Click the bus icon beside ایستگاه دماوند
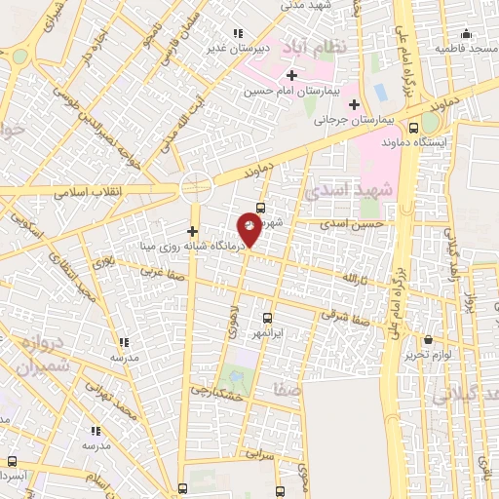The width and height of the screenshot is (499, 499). pyautogui.click(x=414, y=127)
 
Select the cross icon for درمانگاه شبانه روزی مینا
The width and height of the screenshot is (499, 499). pyautogui.click(x=192, y=232)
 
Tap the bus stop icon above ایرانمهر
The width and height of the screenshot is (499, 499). pyautogui.click(x=268, y=318)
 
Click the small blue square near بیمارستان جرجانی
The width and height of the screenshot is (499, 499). pyautogui.click(x=380, y=92)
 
